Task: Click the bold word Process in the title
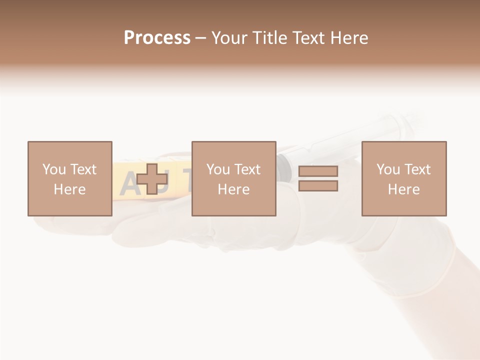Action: coord(157,38)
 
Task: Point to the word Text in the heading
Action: coord(309,38)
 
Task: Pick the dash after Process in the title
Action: coord(201,38)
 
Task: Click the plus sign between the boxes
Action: coord(152,179)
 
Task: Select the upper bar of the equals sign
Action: coord(318,171)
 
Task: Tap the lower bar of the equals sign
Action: coord(318,186)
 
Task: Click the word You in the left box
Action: coord(54,169)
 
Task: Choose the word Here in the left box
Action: coord(69,189)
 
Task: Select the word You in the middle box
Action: coord(218,169)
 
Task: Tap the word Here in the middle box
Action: coord(233,189)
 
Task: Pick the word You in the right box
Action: coord(388,169)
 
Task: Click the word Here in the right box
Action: coord(403,189)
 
